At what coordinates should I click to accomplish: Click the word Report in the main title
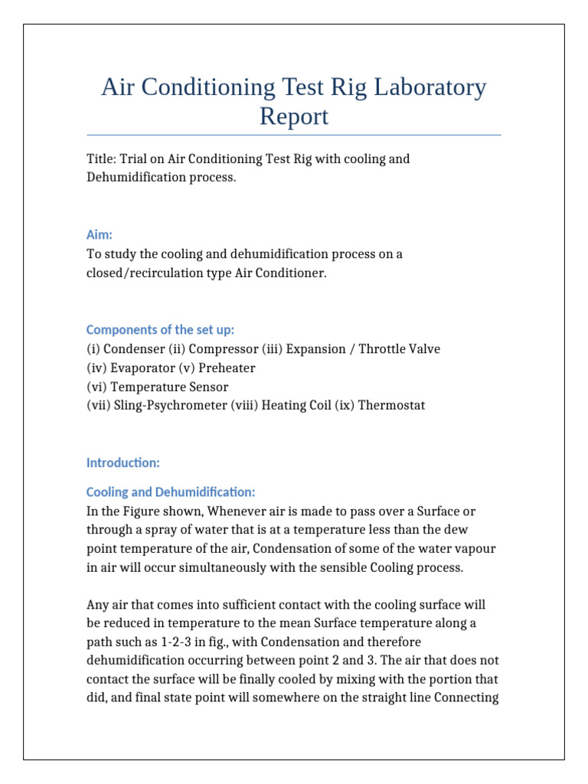pos(294,116)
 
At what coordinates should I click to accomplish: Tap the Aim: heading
pos(100,236)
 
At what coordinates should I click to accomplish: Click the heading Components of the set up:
pos(160,330)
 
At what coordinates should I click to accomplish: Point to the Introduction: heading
pos(122,462)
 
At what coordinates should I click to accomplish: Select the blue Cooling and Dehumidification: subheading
pos(171,492)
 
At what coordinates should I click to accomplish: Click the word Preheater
pos(227,368)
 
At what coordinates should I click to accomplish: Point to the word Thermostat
pos(391,406)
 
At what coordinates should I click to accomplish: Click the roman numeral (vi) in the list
pos(96,387)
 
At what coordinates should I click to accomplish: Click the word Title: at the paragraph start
pos(101,159)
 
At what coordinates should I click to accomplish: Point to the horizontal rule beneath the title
pos(294,135)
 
